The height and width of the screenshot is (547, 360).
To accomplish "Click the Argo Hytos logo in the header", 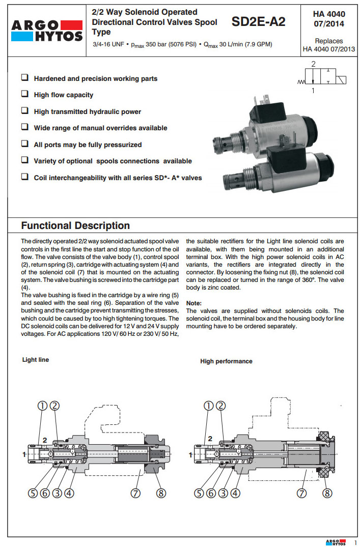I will click(x=46, y=30).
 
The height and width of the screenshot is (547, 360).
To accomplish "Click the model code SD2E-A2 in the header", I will click(x=258, y=22).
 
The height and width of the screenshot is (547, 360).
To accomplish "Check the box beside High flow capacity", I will click(x=24, y=95).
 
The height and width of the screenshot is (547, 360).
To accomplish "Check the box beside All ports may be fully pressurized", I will click(x=24, y=145).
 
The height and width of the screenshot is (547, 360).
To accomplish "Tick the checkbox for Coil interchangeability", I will click(x=24, y=178).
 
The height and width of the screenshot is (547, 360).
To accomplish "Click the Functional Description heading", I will click(x=75, y=225).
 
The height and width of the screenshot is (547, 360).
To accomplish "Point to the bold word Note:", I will click(x=194, y=303).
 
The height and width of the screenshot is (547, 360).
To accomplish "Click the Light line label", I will click(x=36, y=360).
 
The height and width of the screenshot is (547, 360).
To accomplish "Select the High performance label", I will click(x=226, y=361).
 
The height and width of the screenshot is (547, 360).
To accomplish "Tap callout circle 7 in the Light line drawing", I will click(x=136, y=493).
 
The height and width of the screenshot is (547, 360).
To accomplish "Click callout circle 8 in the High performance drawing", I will click(x=327, y=493).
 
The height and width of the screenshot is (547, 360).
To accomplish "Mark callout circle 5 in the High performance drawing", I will click(x=202, y=493).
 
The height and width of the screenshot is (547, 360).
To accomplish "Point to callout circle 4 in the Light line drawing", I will click(x=70, y=493).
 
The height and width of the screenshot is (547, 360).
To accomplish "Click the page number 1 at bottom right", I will click(x=355, y=542).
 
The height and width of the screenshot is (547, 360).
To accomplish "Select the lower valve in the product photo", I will click(x=279, y=170).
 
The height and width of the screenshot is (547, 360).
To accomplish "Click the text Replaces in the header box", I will click(x=328, y=41).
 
